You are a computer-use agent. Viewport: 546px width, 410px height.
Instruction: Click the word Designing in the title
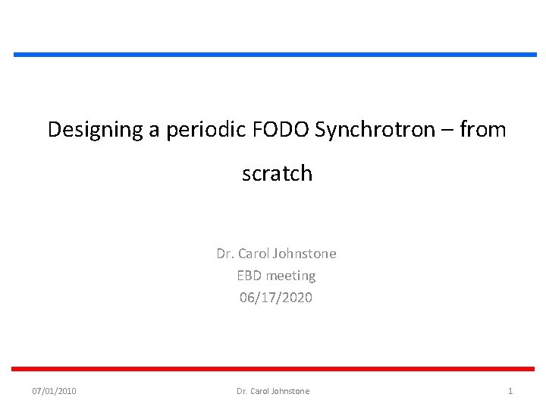95,130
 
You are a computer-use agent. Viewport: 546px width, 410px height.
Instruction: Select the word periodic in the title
202,130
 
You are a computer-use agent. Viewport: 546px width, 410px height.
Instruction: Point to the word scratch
277,174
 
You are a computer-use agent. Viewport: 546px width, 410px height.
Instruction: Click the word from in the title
482,130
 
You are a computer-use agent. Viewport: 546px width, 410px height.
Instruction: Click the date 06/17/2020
276,298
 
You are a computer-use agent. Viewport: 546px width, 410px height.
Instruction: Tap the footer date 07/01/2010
54,391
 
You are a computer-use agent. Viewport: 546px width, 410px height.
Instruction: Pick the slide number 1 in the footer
510,391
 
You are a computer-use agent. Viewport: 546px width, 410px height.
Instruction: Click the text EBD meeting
276,276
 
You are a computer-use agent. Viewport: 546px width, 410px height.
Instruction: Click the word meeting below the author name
290,276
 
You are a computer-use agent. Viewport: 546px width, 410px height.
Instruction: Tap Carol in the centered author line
255,254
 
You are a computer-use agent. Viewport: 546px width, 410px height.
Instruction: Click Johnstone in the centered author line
305,254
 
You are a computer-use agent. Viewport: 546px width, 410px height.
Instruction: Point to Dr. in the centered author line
224,254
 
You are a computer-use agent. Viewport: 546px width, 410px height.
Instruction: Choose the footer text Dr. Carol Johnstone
273,391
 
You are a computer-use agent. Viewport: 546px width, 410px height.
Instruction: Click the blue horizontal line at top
275,55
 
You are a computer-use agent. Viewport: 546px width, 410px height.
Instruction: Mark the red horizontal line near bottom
275,369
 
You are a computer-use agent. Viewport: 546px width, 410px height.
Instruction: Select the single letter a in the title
154,131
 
